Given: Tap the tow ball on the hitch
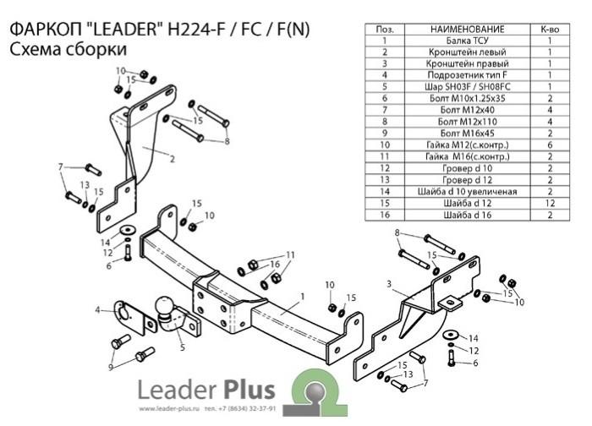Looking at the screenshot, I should pyautogui.click(x=163, y=307).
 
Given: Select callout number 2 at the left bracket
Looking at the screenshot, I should pyautogui.click(x=172, y=158).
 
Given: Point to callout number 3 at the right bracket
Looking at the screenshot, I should pyautogui.click(x=388, y=284).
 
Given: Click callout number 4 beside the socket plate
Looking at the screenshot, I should pyautogui.click(x=98, y=310).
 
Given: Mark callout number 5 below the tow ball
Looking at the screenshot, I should pyautogui.click(x=182, y=347).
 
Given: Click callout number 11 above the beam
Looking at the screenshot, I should pyautogui.click(x=291, y=254).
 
